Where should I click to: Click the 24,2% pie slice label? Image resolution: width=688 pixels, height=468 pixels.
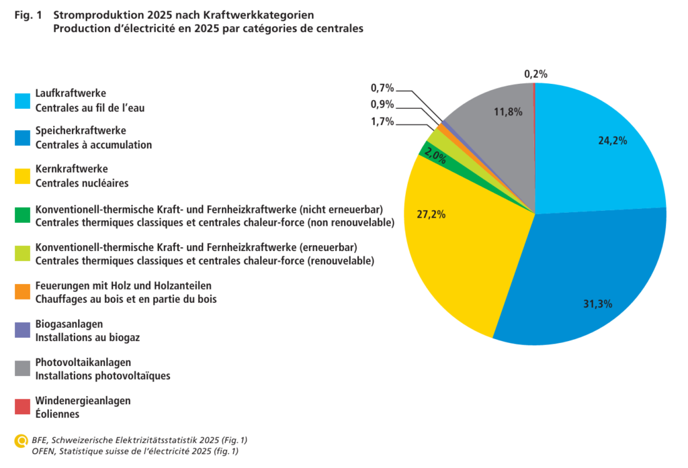pyautogui.click(x=613, y=141)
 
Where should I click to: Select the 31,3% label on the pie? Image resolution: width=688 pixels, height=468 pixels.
pyautogui.click(x=597, y=304)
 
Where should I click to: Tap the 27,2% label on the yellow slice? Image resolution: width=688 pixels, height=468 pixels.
pyautogui.click(x=431, y=214)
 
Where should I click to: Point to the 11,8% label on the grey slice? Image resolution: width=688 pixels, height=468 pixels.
pyautogui.click(x=508, y=112)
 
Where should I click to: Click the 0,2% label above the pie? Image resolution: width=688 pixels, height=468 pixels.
pyautogui.click(x=535, y=74)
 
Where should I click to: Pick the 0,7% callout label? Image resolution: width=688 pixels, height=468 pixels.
pyautogui.click(x=382, y=88)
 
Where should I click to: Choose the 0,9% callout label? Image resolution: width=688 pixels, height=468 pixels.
pyautogui.click(x=382, y=104)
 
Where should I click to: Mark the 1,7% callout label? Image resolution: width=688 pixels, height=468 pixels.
pyautogui.click(x=382, y=122)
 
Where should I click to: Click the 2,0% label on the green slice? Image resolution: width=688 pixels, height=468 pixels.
pyautogui.click(x=435, y=156)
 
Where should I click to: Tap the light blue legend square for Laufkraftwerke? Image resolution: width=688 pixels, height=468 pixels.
pyautogui.click(x=22, y=101)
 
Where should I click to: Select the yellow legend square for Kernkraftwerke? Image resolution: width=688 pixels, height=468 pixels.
pyautogui.click(x=22, y=177)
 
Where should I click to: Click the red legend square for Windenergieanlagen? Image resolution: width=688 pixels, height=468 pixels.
pyautogui.click(x=22, y=407)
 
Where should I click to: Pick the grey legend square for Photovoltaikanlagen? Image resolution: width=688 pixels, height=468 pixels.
pyautogui.click(x=22, y=369)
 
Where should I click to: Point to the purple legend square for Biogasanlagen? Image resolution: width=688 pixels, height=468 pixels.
pyautogui.click(x=22, y=330)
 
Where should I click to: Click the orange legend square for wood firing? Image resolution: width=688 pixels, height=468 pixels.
pyautogui.click(x=22, y=291)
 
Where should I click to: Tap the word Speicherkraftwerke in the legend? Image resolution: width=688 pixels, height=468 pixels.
pyautogui.click(x=81, y=131)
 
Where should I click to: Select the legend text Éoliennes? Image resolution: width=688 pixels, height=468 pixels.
pyautogui.click(x=58, y=414)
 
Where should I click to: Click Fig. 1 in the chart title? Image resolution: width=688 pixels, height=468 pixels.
pyautogui.click(x=28, y=15)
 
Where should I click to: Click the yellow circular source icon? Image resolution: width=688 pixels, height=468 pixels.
pyautogui.click(x=21, y=440)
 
